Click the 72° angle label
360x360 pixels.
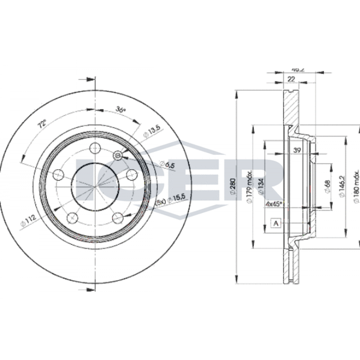42,125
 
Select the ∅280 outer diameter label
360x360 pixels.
233,187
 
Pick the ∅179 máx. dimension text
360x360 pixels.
249,187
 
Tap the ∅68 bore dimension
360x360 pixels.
328,185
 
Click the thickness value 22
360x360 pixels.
292,79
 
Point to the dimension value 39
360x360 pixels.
297,150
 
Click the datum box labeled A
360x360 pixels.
276,223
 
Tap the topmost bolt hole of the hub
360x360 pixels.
95,147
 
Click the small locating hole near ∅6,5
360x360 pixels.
118,156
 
